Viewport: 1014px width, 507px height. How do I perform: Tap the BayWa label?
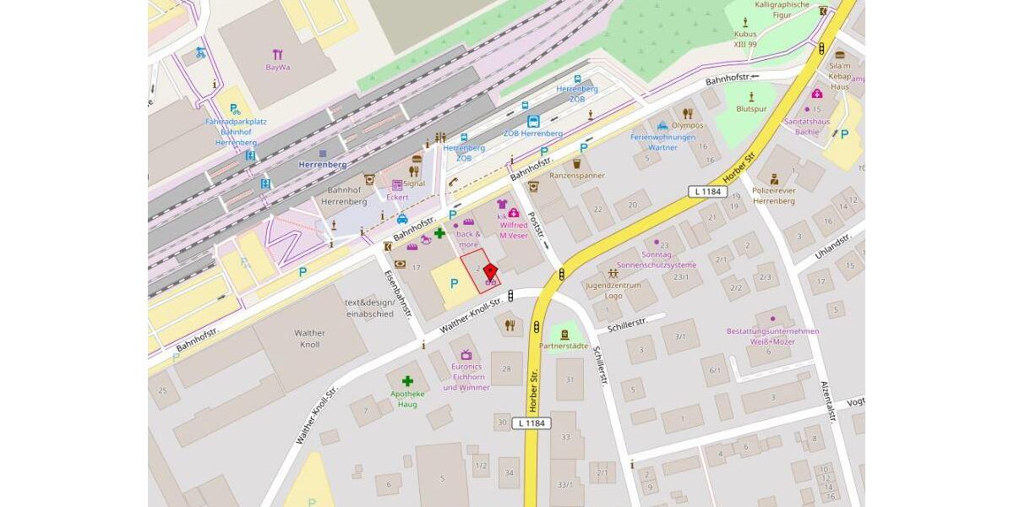coord(278,67)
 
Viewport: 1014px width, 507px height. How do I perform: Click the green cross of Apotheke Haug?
coord(407,381)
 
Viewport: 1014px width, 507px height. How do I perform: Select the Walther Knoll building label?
coord(310,339)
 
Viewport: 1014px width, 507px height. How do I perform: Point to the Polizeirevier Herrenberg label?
coord(773,196)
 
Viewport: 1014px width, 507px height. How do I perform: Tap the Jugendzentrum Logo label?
coord(613,290)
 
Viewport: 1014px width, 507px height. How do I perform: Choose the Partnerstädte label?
coord(564,346)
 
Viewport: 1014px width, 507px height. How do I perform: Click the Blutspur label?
coord(751,109)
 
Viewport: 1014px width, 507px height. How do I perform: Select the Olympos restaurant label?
coord(688,125)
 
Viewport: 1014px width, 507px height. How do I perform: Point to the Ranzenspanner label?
coord(577,175)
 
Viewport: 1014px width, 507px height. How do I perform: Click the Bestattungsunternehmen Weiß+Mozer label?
coord(772,336)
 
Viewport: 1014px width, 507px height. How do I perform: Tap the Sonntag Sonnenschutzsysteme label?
coord(657,259)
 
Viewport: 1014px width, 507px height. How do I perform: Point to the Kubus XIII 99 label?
coord(745,39)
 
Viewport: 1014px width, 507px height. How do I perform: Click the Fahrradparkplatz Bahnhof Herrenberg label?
coord(236,132)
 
